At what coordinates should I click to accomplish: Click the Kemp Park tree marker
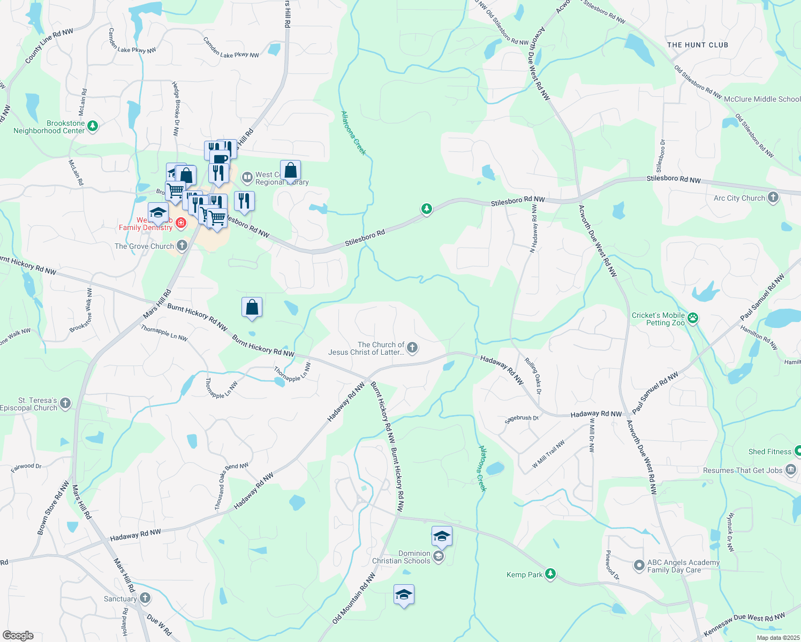pos(550,575)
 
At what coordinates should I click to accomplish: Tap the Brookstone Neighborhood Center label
pos(49,127)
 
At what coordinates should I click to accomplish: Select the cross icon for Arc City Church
pos(773,197)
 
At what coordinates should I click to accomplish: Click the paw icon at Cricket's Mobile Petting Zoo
pos(693,318)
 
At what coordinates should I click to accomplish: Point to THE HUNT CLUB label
pos(698,45)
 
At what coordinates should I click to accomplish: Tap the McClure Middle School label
pos(762,99)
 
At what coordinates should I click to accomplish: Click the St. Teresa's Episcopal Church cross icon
pos(65,403)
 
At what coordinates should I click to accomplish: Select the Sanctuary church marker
pos(145,598)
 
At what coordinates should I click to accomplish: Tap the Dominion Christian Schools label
pos(401,557)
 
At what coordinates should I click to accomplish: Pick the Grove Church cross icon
pos(182,246)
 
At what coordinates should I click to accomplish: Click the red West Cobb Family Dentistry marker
pos(181,223)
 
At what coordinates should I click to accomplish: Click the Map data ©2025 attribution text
pos(777,638)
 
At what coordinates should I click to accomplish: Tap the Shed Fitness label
pos(769,452)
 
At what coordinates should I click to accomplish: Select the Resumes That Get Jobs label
pos(743,470)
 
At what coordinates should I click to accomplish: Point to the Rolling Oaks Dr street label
pos(533,376)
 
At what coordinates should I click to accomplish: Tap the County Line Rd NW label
pos(49,47)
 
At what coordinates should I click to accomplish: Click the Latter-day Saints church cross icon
pos(412,348)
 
